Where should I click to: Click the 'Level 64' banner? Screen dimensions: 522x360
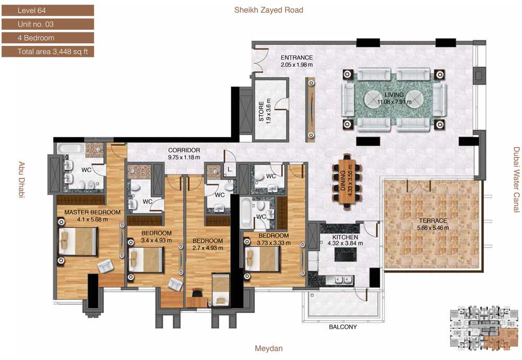click(x=48, y=10)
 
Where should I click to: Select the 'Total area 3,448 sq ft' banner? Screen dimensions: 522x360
click(x=48, y=52)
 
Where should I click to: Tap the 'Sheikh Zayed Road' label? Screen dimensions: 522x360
click(x=269, y=10)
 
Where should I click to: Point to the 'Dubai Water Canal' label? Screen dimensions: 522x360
click(x=516, y=179)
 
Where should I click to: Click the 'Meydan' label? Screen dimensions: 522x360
click(x=269, y=349)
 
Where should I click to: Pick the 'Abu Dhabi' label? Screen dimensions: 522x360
click(x=21, y=179)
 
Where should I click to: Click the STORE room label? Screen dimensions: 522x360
click(x=262, y=112)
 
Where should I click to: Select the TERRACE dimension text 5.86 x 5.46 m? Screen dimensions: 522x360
click(x=433, y=228)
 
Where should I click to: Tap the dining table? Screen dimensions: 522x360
click(x=346, y=182)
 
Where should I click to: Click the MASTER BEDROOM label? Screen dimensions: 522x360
click(x=92, y=212)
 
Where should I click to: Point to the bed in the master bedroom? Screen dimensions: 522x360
click(x=78, y=242)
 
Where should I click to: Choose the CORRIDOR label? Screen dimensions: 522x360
click(x=184, y=150)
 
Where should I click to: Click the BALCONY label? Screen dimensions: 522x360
click(x=342, y=327)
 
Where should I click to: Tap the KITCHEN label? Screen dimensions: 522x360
click(x=345, y=237)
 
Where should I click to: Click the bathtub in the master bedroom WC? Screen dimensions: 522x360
click(x=71, y=148)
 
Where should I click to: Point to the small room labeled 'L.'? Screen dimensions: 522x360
click(x=230, y=170)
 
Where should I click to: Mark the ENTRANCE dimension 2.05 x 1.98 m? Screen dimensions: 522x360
click(x=296, y=65)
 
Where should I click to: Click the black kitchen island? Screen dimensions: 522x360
click(x=345, y=255)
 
